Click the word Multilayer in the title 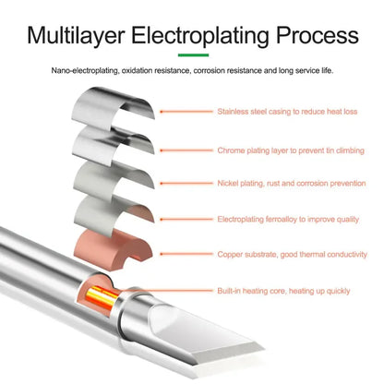click(x=76, y=36)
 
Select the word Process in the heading click(x=318, y=36)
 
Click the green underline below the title click(x=193, y=55)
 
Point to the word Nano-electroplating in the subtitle click(x=85, y=71)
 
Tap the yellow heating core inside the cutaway click(x=102, y=298)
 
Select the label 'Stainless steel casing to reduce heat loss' click(x=287, y=112)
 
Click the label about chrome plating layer click(x=291, y=150)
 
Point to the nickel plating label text click(x=292, y=184)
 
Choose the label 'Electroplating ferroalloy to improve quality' click(x=288, y=220)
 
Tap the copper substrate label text click(x=292, y=255)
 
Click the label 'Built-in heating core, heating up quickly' click(x=283, y=291)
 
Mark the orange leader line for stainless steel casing click(x=186, y=112)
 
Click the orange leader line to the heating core click(x=166, y=290)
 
